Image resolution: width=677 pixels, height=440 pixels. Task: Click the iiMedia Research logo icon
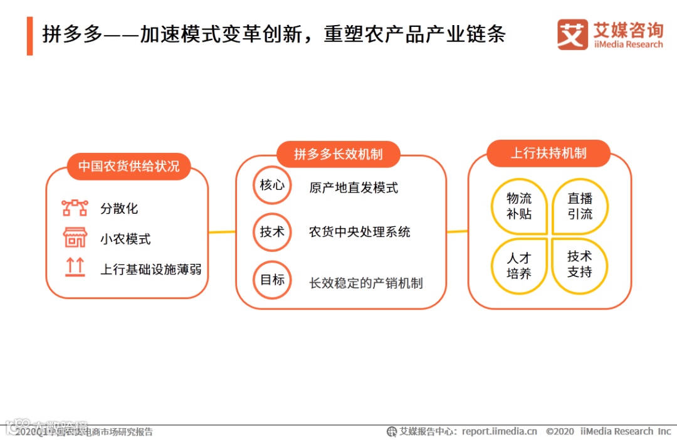coord(572,34)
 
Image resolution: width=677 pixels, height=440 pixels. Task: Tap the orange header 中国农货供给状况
coord(129,166)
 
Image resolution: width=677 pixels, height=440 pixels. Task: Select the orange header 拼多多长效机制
coord(338,154)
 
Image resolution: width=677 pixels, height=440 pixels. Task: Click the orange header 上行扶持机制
coord(548,153)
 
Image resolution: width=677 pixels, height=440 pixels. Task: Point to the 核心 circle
coord(272,186)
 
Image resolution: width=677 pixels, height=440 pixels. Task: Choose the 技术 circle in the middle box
coord(272,232)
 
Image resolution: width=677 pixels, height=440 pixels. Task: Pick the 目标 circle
coord(272,280)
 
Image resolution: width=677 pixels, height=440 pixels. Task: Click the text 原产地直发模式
coord(354,187)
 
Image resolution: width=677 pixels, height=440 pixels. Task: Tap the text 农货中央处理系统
coord(360,232)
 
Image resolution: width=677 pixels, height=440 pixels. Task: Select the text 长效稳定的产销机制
coord(366,283)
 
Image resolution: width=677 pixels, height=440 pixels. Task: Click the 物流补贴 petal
coord(519,206)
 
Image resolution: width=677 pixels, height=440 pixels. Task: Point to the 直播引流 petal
coord(580,206)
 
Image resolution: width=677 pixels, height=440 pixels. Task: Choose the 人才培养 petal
coord(519,266)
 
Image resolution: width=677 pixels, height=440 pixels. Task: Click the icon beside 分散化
coord(75,208)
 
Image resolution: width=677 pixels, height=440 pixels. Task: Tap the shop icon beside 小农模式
coord(75,238)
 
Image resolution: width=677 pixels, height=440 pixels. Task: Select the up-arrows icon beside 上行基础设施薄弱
coord(75,268)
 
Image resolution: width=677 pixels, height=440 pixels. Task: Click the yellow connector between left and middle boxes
coord(222,233)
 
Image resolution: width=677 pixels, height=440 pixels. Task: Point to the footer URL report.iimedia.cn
coord(499,431)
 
